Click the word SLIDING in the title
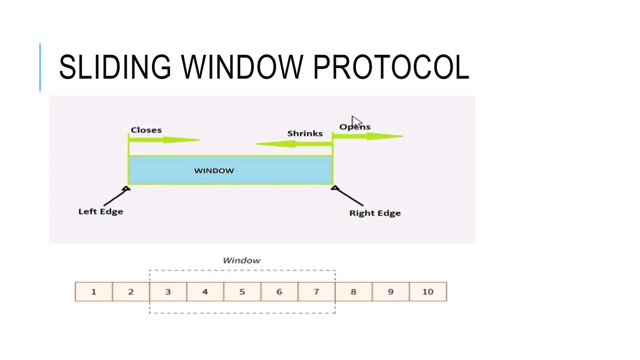pyautogui.click(x=115, y=67)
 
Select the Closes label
pyautogui.click(x=146, y=130)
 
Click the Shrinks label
pyautogui.click(x=305, y=133)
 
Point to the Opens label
pyautogui.click(x=355, y=127)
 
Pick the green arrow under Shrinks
pyautogui.click(x=294, y=144)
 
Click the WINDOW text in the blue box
pyautogui.click(x=214, y=171)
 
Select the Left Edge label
pyautogui.click(x=101, y=212)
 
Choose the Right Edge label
pyautogui.click(x=375, y=213)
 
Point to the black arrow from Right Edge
pyautogui.click(x=348, y=196)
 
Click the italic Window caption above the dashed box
pyautogui.click(x=242, y=260)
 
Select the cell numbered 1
pyautogui.click(x=94, y=292)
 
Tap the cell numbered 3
pyautogui.click(x=168, y=292)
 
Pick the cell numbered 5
pyautogui.click(x=242, y=292)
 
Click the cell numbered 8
pyautogui.click(x=353, y=292)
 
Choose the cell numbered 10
pyautogui.click(x=428, y=292)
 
